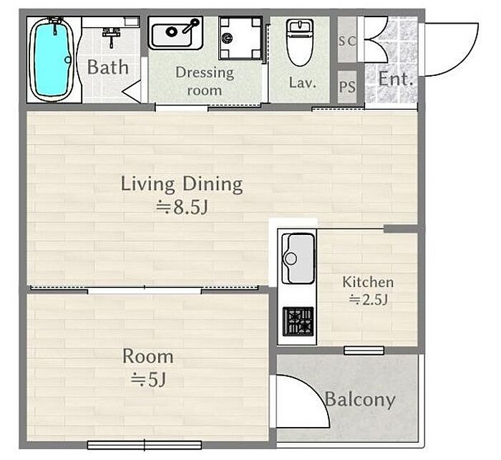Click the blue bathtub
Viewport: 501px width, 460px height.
tap(52, 59)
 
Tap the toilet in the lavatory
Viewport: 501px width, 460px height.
tap(299, 42)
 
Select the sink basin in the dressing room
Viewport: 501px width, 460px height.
tap(175, 33)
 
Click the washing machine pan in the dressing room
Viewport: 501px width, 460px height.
tap(240, 38)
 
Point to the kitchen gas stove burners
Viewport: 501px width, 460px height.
tap(298, 321)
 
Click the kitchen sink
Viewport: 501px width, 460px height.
tap(298, 259)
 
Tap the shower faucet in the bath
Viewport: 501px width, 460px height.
tap(111, 36)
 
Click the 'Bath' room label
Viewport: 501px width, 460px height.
tap(107, 67)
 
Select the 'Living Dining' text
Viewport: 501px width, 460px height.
tap(182, 184)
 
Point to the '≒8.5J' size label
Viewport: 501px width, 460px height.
tap(182, 207)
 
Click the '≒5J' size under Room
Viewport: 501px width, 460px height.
tap(148, 380)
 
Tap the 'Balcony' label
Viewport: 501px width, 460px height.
tap(360, 400)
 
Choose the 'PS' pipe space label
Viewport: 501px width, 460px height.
tap(347, 87)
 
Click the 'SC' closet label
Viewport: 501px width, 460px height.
tap(347, 42)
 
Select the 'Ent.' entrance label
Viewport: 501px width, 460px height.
tap(396, 79)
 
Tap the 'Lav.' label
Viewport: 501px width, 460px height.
tap(303, 82)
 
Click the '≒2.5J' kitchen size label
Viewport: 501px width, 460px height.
tap(368, 300)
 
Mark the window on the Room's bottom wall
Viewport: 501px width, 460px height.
tap(145, 445)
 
